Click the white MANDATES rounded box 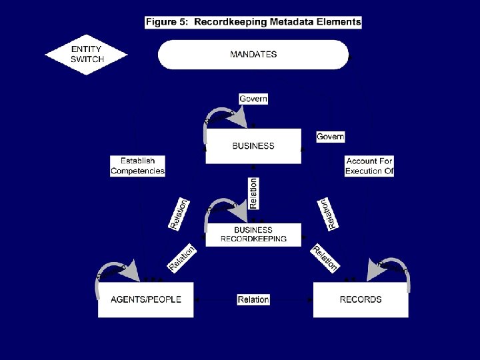click(253, 55)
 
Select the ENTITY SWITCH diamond click(87, 55)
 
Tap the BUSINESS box click(253, 146)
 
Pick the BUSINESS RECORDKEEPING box click(253, 234)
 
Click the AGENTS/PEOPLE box click(145, 299)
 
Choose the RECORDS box click(361, 299)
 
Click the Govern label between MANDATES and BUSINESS click(253, 99)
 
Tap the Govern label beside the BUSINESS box click(330, 137)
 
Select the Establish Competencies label click(137, 166)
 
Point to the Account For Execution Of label click(370, 166)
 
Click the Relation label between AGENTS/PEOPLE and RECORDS click(253, 299)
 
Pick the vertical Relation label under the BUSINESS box click(253, 194)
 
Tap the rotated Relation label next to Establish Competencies click(179, 214)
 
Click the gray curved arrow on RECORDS click(393, 267)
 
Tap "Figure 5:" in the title click(166, 22)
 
